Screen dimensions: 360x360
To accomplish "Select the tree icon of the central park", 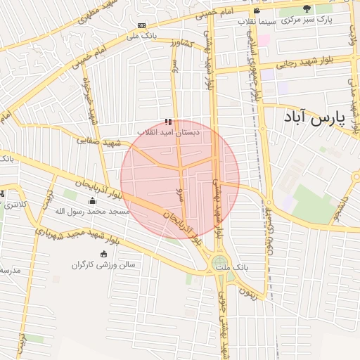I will [x=306, y=8].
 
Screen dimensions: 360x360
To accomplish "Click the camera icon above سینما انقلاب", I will [x=257, y=11].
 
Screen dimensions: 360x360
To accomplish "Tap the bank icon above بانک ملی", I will [x=142, y=25].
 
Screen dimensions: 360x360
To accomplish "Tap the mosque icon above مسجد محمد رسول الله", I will [x=91, y=201].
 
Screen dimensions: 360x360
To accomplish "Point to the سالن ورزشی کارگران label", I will [x=103, y=264].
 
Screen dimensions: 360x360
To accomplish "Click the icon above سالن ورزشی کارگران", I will [x=104, y=254].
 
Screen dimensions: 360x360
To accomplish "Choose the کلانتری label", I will [x=14, y=205].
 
